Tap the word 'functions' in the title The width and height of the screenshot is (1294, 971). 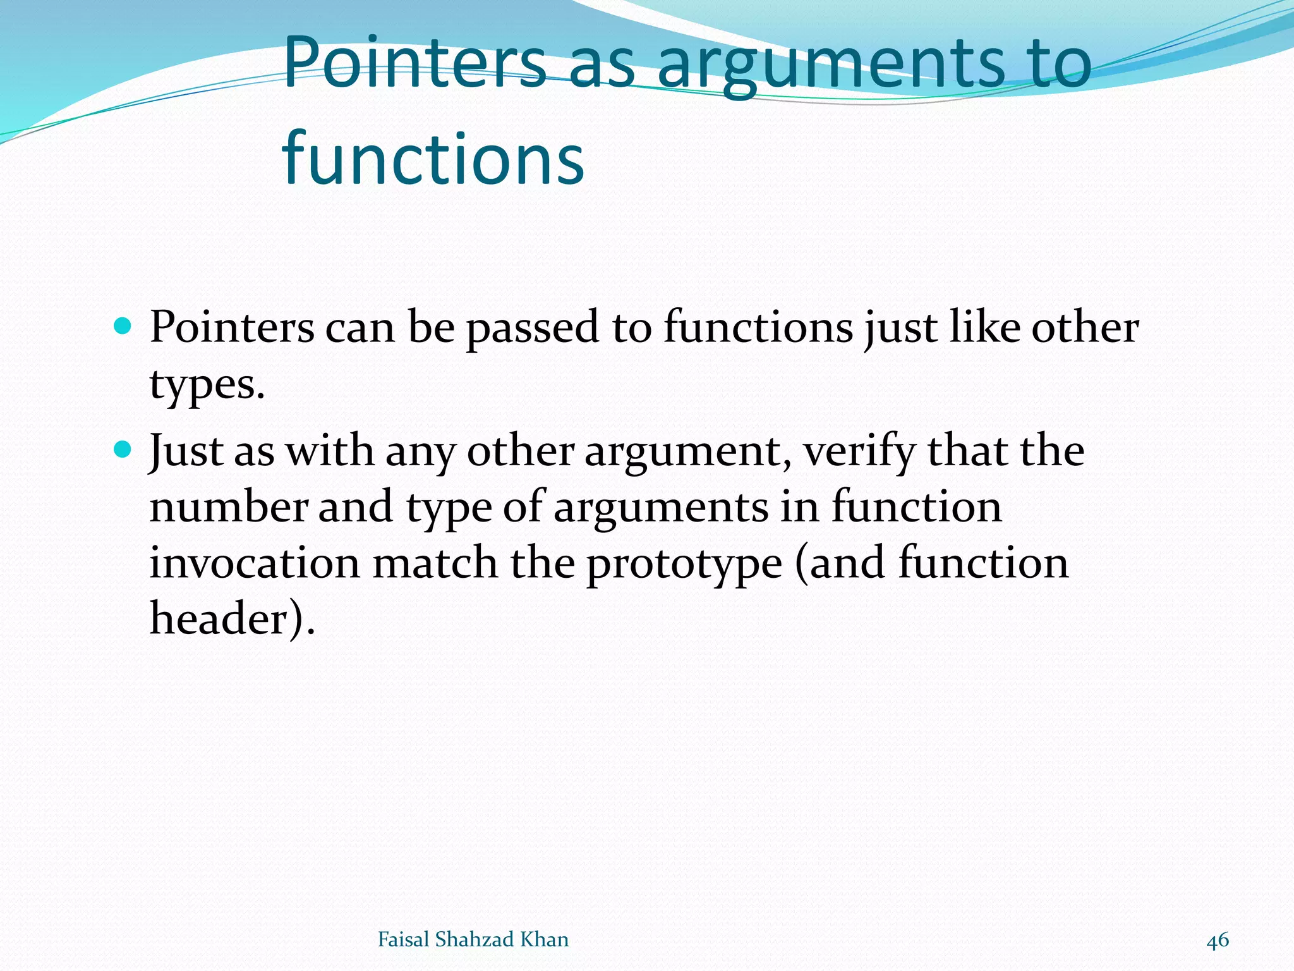click(x=433, y=158)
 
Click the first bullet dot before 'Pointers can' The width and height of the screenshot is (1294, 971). click(x=123, y=326)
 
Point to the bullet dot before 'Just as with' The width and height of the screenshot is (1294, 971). click(x=123, y=450)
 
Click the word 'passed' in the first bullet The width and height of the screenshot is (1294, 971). click(x=533, y=329)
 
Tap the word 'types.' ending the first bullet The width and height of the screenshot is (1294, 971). click(x=207, y=384)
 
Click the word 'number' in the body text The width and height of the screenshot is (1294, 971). click(x=228, y=507)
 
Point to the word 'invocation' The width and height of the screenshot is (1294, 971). click(x=255, y=563)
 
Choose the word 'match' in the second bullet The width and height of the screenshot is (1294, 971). click(x=435, y=563)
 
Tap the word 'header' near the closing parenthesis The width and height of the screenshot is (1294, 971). click(x=219, y=618)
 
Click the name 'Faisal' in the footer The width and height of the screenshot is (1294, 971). click(x=403, y=939)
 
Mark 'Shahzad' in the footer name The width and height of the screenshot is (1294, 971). click(x=475, y=939)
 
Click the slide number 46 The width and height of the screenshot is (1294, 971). click(x=1218, y=940)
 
